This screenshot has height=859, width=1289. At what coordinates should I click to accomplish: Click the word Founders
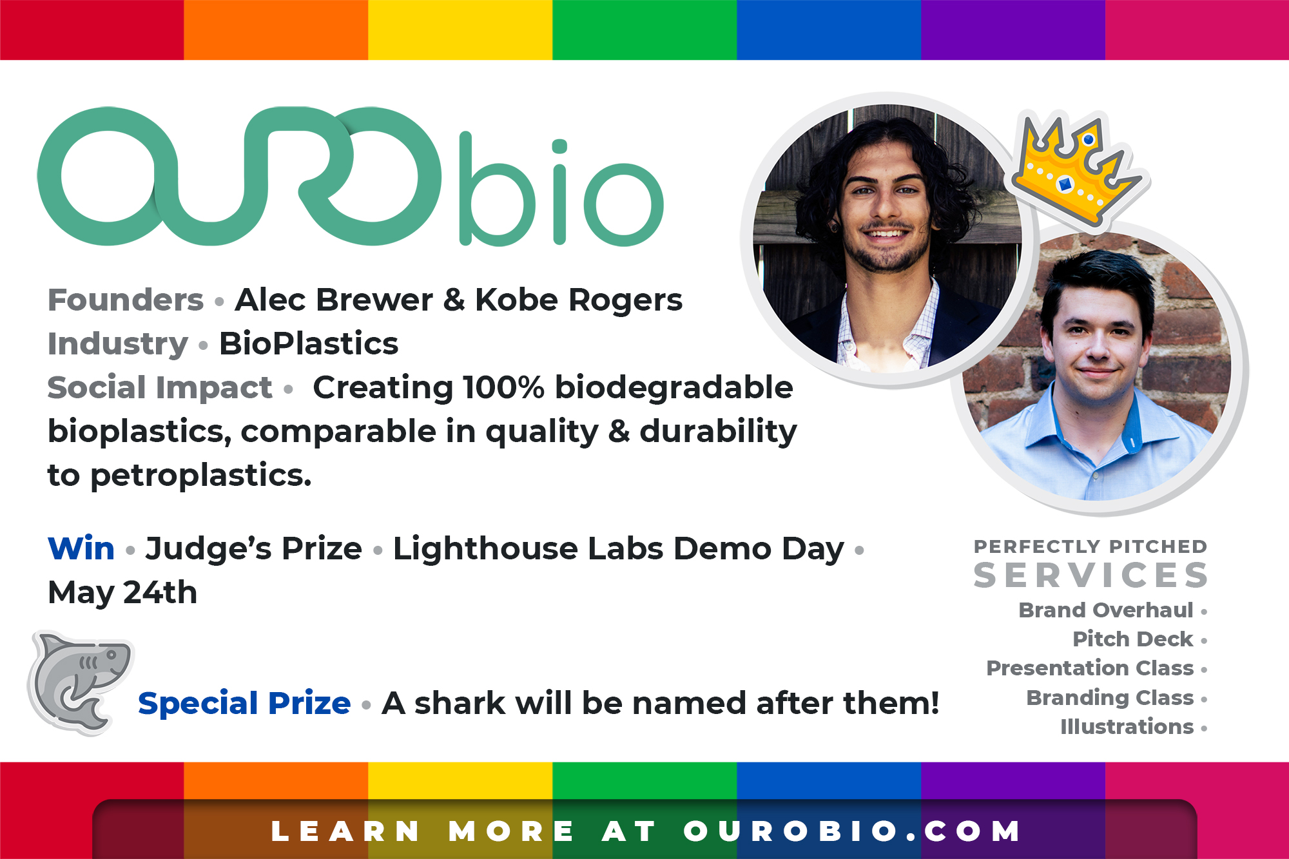coord(126,300)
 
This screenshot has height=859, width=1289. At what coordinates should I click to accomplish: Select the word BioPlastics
coord(309,343)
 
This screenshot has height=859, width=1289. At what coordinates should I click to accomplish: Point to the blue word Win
coord(81,548)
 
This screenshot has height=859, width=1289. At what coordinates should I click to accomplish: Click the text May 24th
coord(122,592)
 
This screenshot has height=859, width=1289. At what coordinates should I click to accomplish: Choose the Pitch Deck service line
coord(1132,639)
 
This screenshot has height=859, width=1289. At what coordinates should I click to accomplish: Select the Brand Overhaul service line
coord(1106,610)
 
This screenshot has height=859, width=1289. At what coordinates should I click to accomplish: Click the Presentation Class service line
coord(1090,668)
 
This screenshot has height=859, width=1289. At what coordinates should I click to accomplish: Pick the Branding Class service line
coord(1110,698)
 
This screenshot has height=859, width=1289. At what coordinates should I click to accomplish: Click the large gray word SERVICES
coord(1090,575)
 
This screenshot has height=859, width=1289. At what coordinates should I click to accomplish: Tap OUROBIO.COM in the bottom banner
coord(851,831)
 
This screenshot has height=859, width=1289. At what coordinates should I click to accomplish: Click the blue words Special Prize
coord(244,703)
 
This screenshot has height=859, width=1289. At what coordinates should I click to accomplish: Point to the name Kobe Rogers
coord(579,300)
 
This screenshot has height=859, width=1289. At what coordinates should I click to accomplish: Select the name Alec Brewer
coord(334,300)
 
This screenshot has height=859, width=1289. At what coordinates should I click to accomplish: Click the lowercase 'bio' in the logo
coord(561,189)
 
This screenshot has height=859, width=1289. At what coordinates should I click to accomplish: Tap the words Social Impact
coord(160,387)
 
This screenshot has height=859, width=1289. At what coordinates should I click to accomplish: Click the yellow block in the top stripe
coord(460,30)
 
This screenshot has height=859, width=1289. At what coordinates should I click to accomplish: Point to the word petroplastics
coord(201,476)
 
